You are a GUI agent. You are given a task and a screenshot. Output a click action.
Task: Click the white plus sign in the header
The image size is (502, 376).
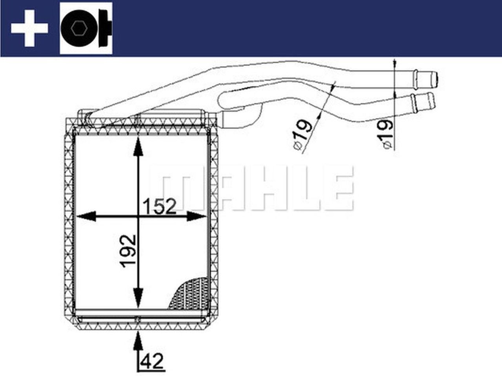tap(29, 28)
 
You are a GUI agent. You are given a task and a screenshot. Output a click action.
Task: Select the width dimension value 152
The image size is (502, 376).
tap(159, 206)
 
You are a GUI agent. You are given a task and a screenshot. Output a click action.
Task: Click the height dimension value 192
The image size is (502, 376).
tap(128, 251)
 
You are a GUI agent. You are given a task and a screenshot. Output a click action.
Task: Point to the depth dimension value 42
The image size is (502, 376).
tap(153, 361)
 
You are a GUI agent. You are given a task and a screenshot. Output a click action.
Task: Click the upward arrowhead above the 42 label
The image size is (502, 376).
tap(138, 340)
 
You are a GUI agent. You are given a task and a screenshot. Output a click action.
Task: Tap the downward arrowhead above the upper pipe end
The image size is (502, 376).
tap(394, 65)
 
